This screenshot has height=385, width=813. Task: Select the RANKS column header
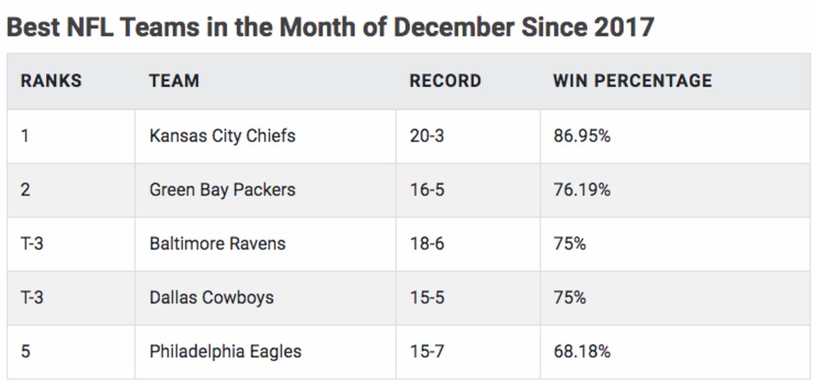[x=51, y=81]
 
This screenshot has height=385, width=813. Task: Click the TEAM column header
[x=174, y=81]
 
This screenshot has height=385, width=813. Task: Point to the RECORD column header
[x=445, y=81]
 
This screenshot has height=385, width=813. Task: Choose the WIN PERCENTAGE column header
[x=632, y=81]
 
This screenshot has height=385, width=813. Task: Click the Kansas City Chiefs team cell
[x=222, y=135]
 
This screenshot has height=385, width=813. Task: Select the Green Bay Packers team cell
[x=222, y=189]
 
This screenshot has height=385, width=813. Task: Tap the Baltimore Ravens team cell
[x=217, y=244]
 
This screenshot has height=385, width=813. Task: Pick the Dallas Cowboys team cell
[x=211, y=298]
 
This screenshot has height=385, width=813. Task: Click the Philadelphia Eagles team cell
[x=226, y=352]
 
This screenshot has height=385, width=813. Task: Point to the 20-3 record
[x=427, y=135]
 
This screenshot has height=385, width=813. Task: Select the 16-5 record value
[x=427, y=189]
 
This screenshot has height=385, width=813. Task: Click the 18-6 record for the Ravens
[x=427, y=244]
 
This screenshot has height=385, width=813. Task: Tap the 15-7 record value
[x=427, y=352]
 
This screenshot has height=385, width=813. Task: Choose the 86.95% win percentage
[x=581, y=135]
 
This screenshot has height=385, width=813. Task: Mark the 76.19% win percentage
[x=581, y=189]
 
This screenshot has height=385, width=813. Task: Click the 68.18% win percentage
[x=581, y=352]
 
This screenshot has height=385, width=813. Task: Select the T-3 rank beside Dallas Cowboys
[x=32, y=298]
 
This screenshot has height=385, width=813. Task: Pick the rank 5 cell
[x=25, y=352]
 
